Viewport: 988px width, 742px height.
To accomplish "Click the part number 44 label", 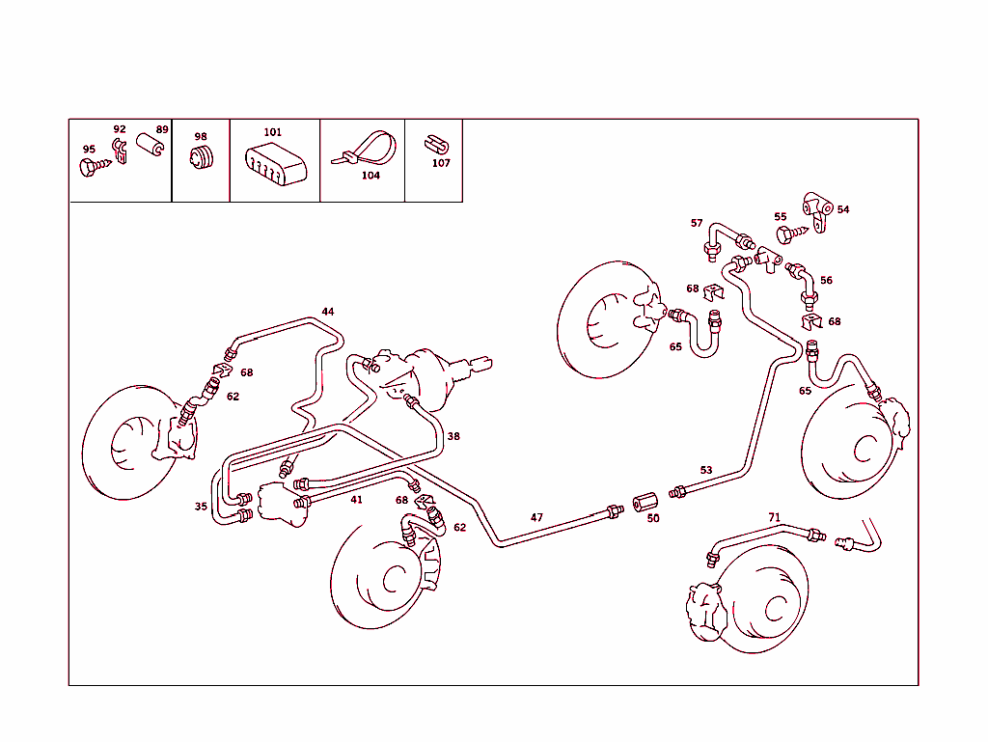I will (328, 312).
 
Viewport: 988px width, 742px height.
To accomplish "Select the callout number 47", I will (536, 517).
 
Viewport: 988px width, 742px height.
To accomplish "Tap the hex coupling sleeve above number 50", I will (644, 503).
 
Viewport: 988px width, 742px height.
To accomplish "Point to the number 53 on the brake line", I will (706, 470).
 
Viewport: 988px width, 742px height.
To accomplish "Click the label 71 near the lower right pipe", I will (774, 517).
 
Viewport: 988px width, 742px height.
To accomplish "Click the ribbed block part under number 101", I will (275, 162).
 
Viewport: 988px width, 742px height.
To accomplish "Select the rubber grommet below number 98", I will (202, 160).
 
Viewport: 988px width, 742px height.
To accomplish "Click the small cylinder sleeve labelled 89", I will (148, 145).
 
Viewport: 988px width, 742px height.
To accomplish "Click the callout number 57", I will (697, 223).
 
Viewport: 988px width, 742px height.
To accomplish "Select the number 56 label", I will (826, 281).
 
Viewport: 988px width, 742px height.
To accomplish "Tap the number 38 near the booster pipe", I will (453, 436).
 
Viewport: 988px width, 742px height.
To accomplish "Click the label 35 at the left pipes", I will (201, 506).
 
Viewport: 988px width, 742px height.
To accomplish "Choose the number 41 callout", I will (356, 500).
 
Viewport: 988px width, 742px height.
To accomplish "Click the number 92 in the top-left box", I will (120, 129).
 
